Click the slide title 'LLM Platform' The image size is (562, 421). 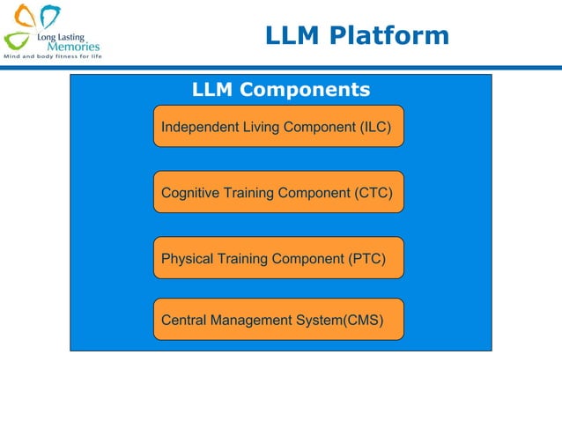[357, 36]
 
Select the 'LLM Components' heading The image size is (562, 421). [280, 90]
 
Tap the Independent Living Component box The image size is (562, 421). [278, 127]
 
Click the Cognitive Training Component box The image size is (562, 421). [278, 192]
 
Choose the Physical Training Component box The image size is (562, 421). [278, 258]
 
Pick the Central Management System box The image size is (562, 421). [278, 320]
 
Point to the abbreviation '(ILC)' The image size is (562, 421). [375, 127]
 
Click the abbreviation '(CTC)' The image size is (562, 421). [374, 193]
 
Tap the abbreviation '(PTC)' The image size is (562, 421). [368, 259]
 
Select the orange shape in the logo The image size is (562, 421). [25, 16]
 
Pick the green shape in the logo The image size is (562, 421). [16, 41]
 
